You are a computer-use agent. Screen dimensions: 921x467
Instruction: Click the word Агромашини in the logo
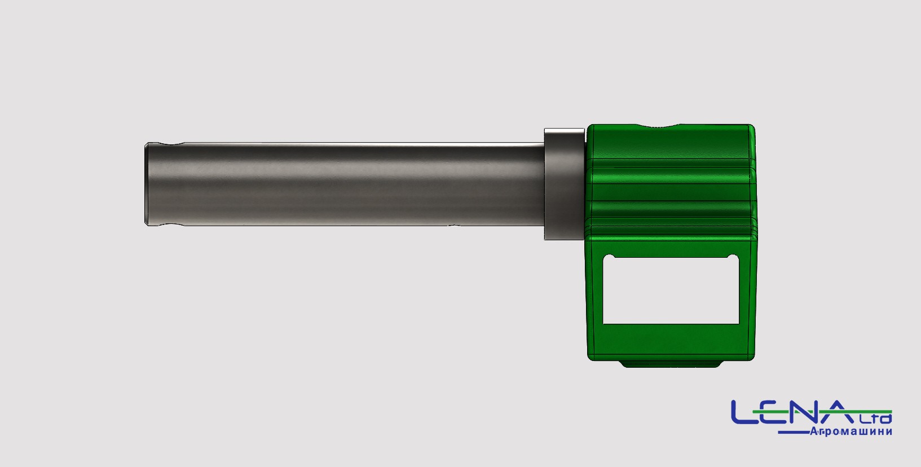pos(851,431)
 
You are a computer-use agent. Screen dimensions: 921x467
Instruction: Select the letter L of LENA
pos(744,412)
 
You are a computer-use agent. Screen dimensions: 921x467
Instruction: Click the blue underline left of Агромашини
pos(794,433)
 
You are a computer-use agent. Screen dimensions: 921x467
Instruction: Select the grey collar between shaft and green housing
pos(564,184)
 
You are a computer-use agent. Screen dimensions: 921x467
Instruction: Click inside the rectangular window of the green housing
pos(671,290)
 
